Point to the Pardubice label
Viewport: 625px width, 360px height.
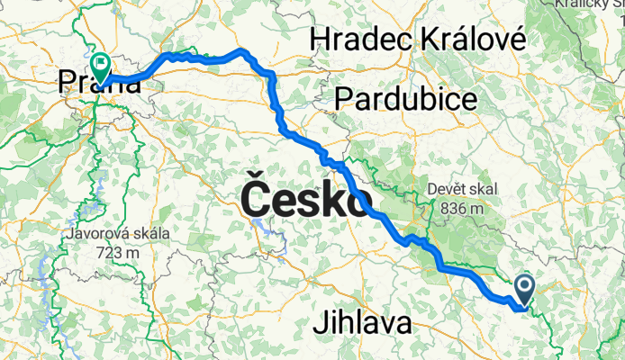[x=405, y=99]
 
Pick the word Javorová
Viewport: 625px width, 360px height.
[x=101, y=236]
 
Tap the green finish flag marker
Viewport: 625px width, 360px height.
[x=99, y=66]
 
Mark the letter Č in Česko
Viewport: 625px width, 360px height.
[x=254, y=197]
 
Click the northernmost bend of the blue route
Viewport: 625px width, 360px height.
[x=242, y=50]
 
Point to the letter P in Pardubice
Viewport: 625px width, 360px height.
[x=343, y=99]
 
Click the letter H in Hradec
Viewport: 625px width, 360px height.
[x=320, y=39]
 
